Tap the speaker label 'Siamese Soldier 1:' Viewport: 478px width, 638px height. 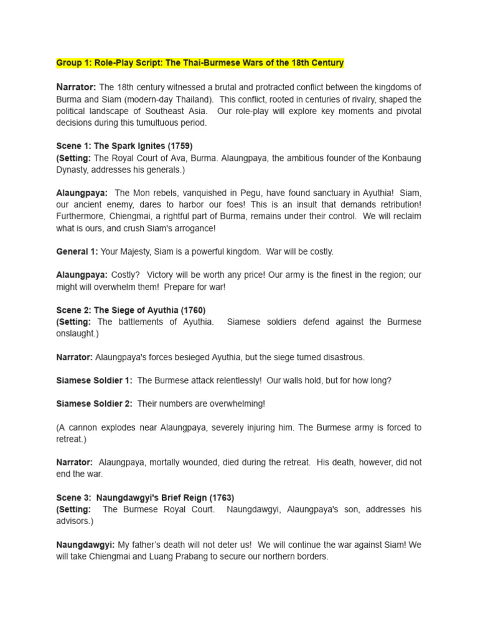pos(94,380)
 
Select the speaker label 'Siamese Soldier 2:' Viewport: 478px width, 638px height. pos(94,404)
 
